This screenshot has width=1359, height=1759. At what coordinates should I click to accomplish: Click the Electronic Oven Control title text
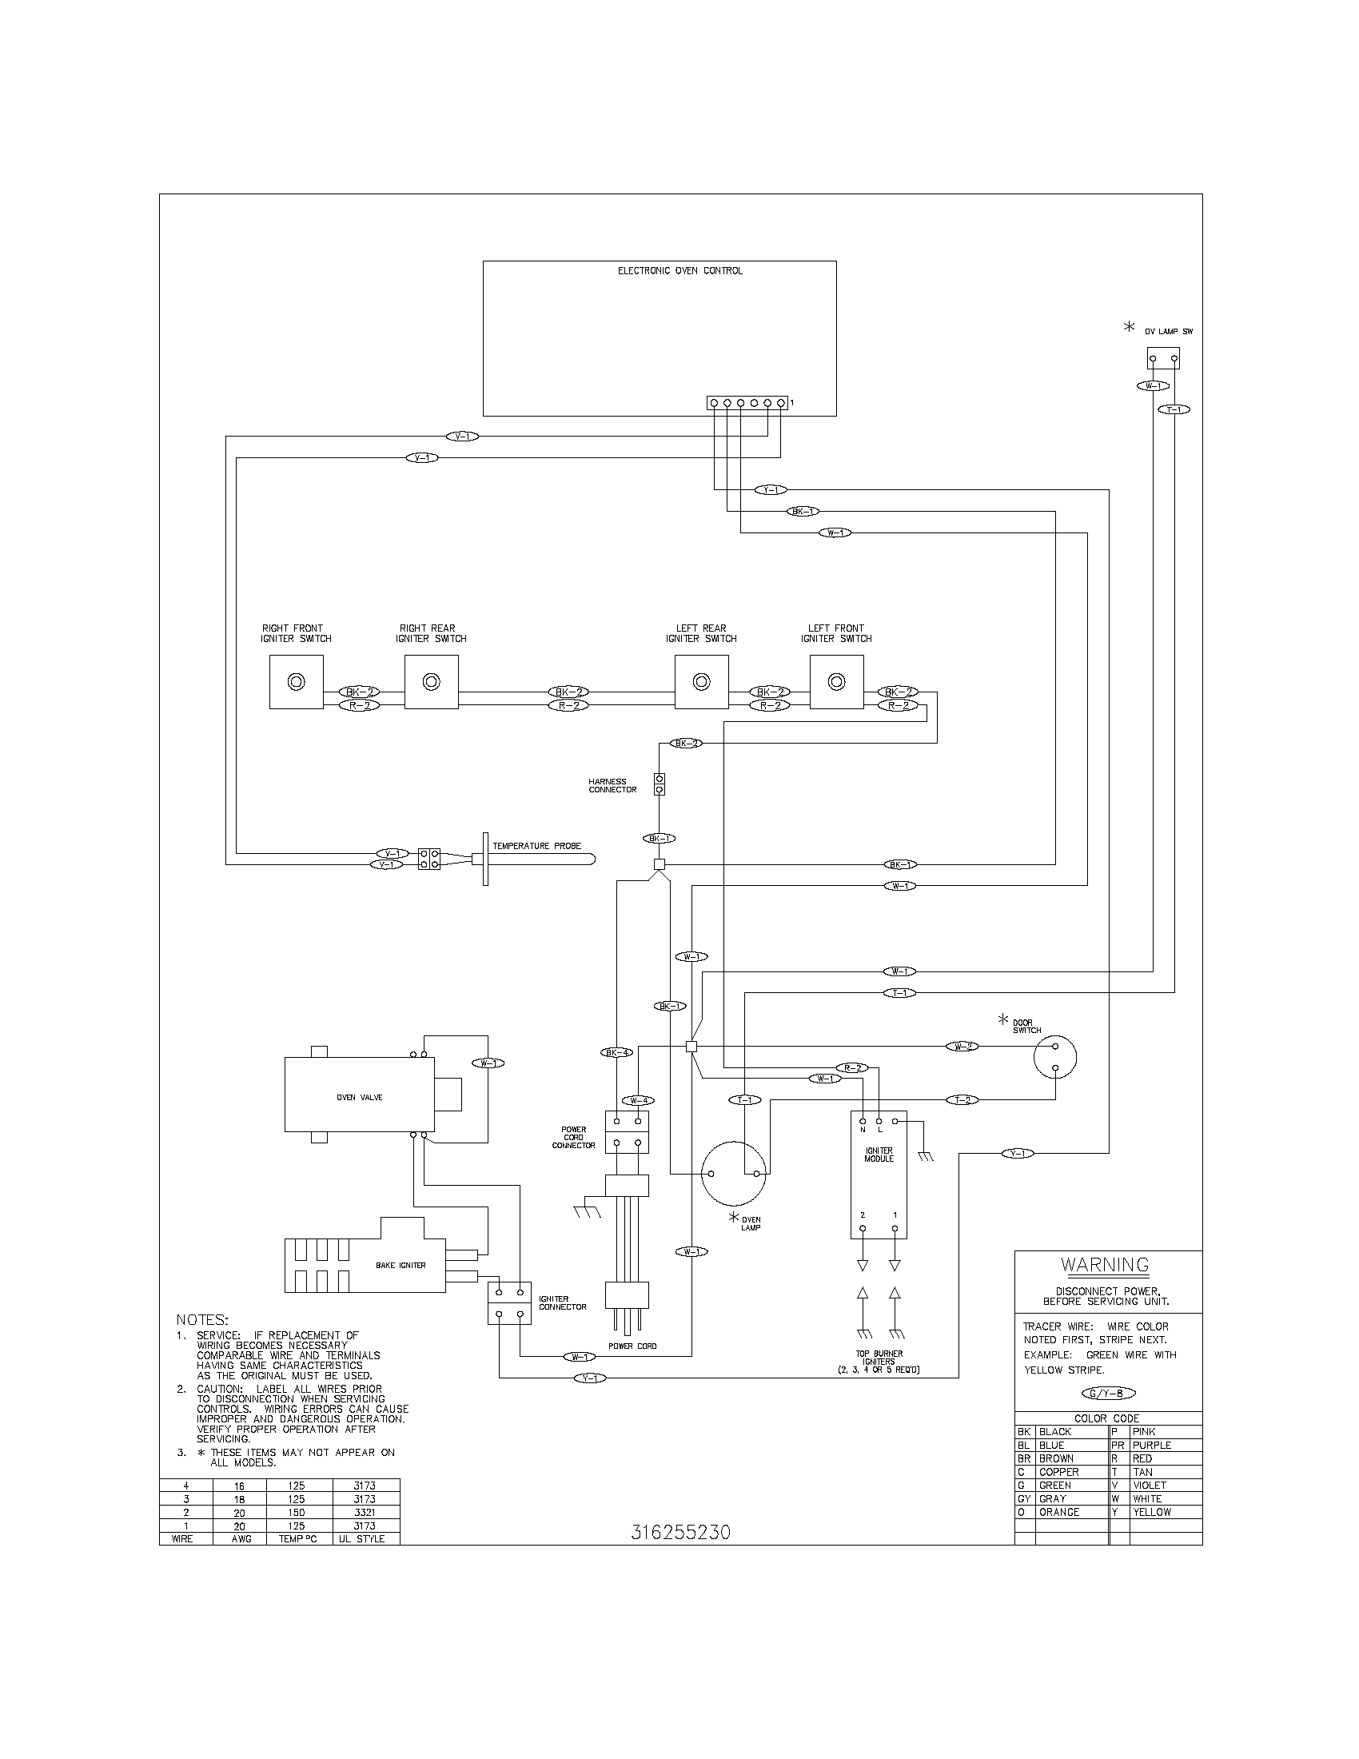click(679, 270)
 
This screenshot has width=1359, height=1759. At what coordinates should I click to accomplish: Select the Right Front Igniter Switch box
click(297, 681)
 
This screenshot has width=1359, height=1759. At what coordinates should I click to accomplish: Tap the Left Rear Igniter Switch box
click(701, 681)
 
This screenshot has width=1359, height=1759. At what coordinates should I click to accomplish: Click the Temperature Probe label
click(536, 846)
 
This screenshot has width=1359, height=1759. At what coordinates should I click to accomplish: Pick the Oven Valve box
click(359, 1097)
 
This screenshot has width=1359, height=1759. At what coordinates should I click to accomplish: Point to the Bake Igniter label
click(401, 1266)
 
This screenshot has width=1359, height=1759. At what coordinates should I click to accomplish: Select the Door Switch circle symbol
click(1054, 1057)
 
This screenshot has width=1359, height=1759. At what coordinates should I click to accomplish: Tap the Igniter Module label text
click(879, 1155)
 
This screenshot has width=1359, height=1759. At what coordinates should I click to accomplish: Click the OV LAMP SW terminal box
click(1163, 358)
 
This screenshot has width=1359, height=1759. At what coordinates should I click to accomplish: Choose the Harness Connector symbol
click(660, 784)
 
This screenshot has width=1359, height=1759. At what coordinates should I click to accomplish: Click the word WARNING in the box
click(1106, 1265)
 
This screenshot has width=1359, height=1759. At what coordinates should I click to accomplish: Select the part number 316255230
click(680, 1533)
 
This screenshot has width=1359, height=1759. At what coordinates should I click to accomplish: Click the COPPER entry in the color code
click(1058, 1471)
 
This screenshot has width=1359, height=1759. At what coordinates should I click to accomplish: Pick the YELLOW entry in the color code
click(1151, 1512)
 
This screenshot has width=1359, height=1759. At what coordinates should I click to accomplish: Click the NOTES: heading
click(202, 1320)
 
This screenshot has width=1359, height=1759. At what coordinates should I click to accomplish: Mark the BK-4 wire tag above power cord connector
click(616, 1052)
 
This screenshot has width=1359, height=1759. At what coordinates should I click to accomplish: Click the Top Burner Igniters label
click(879, 1361)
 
